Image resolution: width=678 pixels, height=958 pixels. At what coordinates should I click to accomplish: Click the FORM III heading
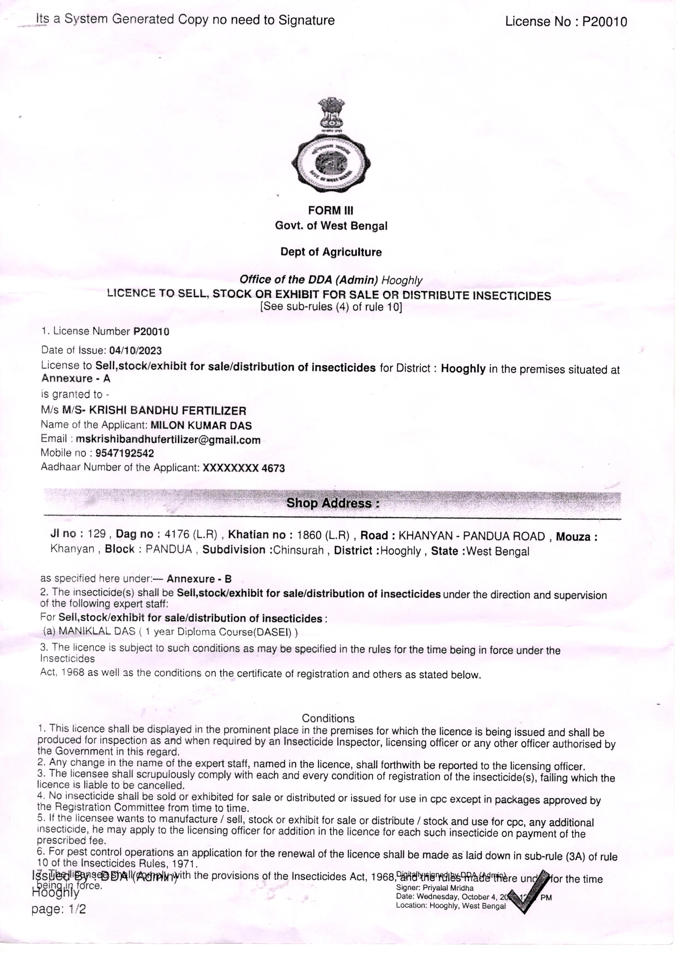click(x=331, y=211)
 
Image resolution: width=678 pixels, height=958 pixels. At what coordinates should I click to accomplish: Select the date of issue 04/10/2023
click(x=135, y=350)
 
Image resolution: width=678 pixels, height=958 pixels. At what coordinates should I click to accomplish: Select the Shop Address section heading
click(x=333, y=503)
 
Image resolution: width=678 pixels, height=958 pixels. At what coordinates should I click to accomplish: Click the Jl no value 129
click(x=97, y=535)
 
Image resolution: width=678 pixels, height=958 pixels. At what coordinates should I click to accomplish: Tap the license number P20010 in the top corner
click(x=604, y=22)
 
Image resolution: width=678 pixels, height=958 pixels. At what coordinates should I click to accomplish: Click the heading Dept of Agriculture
click(x=331, y=252)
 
